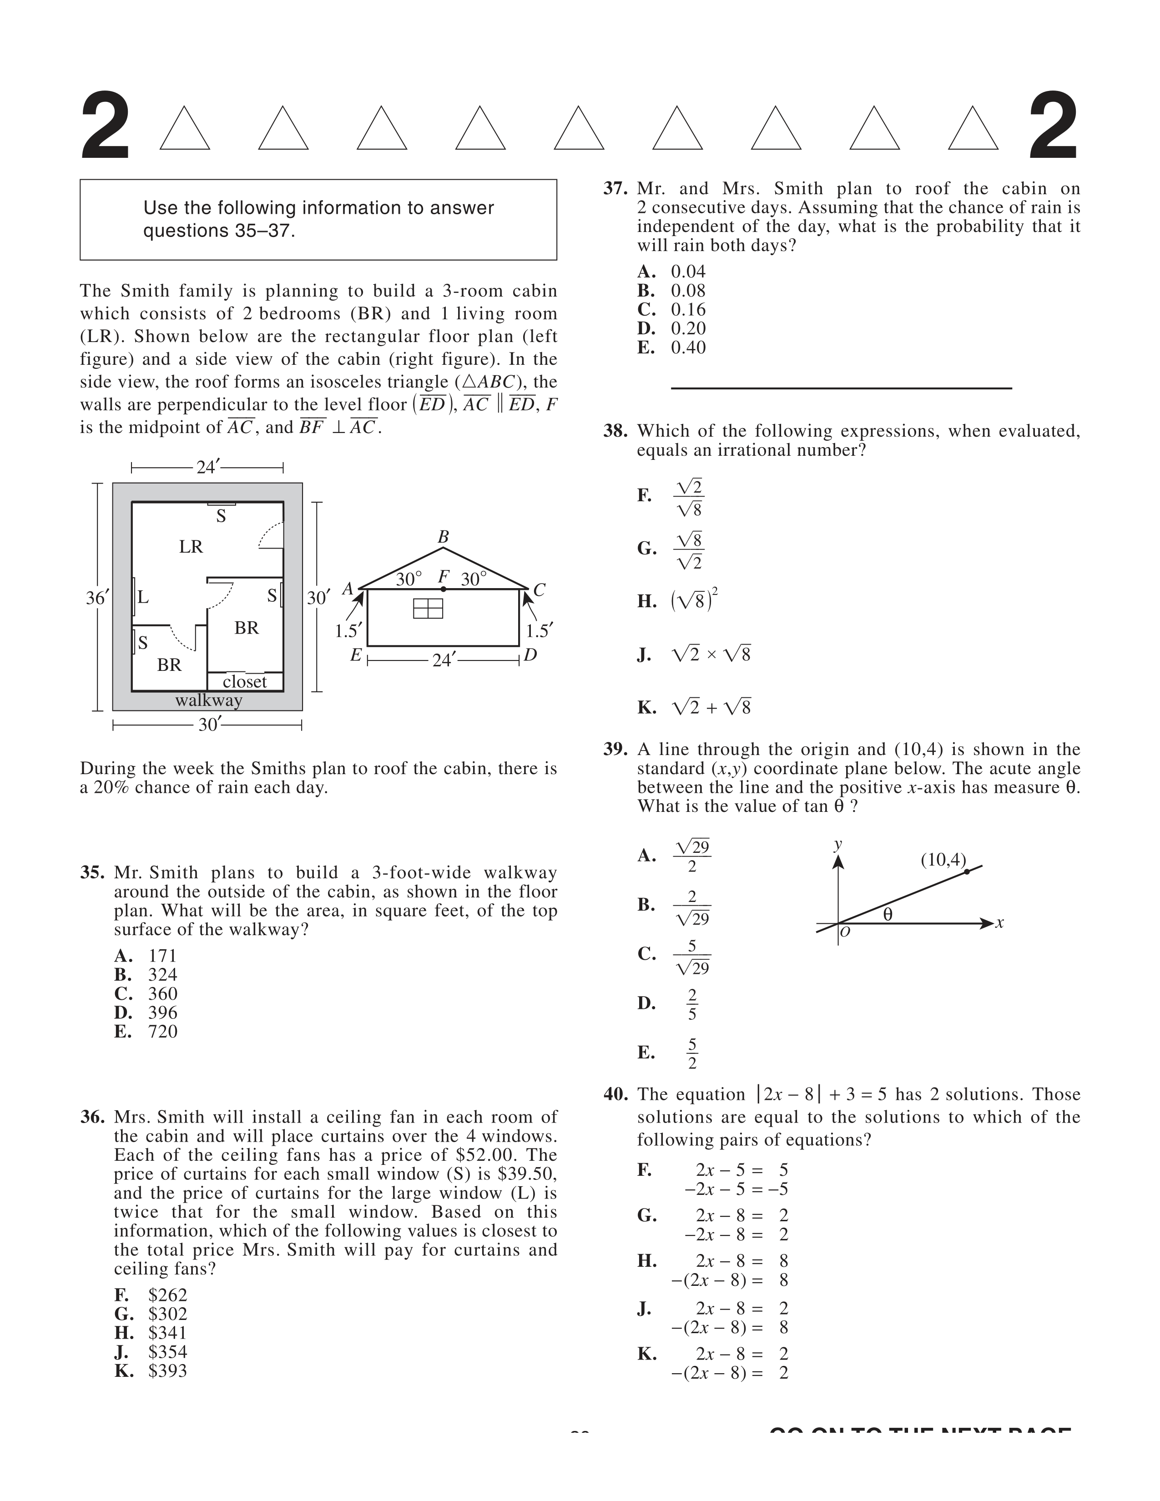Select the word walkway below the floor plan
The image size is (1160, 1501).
pyautogui.click(x=209, y=700)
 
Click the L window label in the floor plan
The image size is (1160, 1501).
pyautogui.click(x=143, y=597)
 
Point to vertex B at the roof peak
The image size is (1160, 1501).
pyautogui.click(x=443, y=537)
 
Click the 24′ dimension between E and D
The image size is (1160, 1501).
pyautogui.click(x=443, y=660)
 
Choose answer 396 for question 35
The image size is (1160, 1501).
pyautogui.click(x=162, y=1012)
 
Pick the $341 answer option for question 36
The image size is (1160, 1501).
pyautogui.click(x=167, y=1333)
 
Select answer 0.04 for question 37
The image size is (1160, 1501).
pyautogui.click(x=688, y=272)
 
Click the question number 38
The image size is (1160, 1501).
pyautogui.click(x=615, y=432)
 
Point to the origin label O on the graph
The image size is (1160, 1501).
pyautogui.click(x=845, y=932)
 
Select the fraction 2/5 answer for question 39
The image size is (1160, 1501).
pyautogui.click(x=692, y=1004)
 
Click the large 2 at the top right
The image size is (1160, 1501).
pyautogui.click(x=1052, y=127)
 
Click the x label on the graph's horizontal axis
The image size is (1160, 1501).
pyautogui.click(x=1000, y=923)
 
